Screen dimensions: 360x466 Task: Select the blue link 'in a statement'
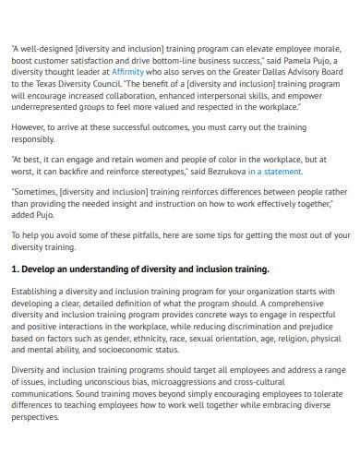[x=275, y=172]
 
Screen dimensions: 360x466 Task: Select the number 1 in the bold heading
[x=15, y=269]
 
